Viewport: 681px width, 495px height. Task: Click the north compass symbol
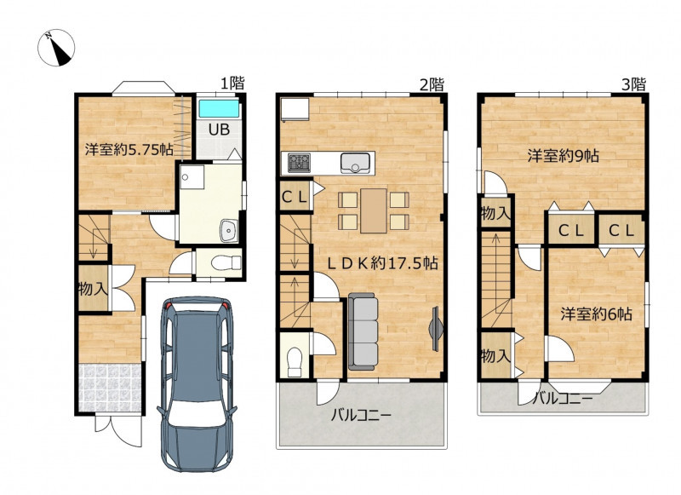pyautogui.click(x=56, y=48)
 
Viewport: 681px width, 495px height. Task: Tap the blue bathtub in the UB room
pyautogui.click(x=219, y=109)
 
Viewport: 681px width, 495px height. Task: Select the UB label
pyautogui.click(x=219, y=129)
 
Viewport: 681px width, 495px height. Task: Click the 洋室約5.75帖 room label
pyautogui.click(x=129, y=149)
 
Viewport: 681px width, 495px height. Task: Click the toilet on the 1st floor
pyautogui.click(x=226, y=263)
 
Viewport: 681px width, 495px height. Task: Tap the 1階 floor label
pyautogui.click(x=232, y=83)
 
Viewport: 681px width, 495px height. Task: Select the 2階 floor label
pyautogui.click(x=432, y=84)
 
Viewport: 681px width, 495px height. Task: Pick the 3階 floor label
pyautogui.click(x=633, y=83)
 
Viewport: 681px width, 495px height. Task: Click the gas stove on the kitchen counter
pyautogui.click(x=300, y=163)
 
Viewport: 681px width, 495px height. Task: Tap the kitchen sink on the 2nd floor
pyautogui.click(x=355, y=163)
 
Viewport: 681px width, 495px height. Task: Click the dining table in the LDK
pyautogui.click(x=374, y=210)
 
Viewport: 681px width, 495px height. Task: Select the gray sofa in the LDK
pyautogui.click(x=363, y=331)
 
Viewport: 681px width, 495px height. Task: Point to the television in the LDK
pyautogui.click(x=436, y=328)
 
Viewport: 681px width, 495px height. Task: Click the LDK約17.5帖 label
pyautogui.click(x=382, y=263)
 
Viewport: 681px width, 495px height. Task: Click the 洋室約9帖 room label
pyautogui.click(x=564, y=155)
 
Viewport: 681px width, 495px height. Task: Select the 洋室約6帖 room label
pyautogui.click(x=596, y=314)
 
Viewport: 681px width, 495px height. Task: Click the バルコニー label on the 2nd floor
pyautogui.click(x=361, y=415)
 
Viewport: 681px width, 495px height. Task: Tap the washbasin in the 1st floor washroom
pyautogui.click(x=229, y=230)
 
